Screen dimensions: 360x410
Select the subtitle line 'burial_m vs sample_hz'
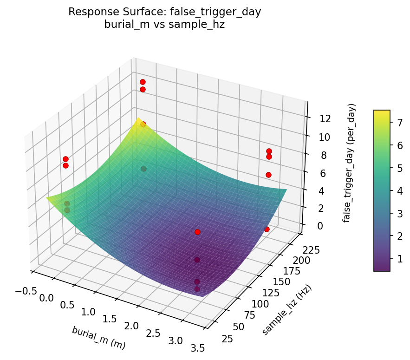tap(165, 25)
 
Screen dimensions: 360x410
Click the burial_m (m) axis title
tap(98, 338)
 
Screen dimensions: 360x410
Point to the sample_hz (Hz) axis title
tap(286, 310)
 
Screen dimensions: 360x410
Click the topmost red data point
tap(143, 82)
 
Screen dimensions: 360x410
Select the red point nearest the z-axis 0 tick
tap(267, 229)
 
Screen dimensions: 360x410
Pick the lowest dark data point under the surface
tap(197, 289)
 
